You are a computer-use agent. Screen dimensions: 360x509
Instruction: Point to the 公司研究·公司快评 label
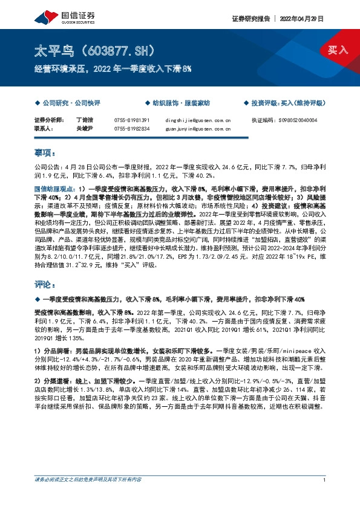pyautogui.click(x=62, y=103)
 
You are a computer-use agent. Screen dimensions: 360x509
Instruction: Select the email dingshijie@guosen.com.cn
pyautogui.click(x=198, y=120)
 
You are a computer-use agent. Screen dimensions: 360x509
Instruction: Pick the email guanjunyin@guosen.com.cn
pyautogui.click(x=198, y=128)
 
